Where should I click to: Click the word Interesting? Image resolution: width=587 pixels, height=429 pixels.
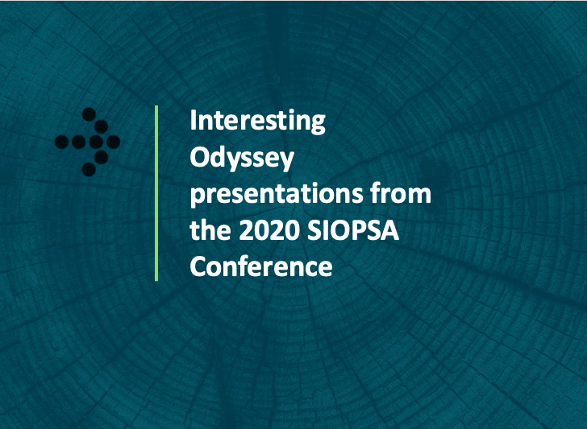[257, 121]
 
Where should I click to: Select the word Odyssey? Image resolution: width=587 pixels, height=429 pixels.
[242, 159]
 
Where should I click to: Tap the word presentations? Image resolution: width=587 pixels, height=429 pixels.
[277, 194]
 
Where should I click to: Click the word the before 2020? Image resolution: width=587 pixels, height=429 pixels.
[210, 229]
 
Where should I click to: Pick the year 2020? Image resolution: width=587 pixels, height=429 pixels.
[269, 230]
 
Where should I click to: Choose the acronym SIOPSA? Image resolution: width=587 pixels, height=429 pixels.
[353, 230]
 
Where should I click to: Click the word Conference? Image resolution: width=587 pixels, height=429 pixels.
[261, 266]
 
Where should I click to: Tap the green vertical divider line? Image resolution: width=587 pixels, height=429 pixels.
[156, 193]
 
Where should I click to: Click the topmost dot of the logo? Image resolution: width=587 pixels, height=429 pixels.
[89, 114]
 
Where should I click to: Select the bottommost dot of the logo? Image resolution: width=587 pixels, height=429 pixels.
[89, 169]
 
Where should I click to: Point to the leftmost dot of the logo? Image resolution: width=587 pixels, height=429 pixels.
[62, 142]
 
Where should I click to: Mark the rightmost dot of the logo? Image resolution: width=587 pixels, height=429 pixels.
[113, 142]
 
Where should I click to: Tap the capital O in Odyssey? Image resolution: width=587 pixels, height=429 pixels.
[199, 157]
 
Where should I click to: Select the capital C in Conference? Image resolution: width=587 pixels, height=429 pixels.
[198, 266]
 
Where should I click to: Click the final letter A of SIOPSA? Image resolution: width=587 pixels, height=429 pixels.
[389, 230]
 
